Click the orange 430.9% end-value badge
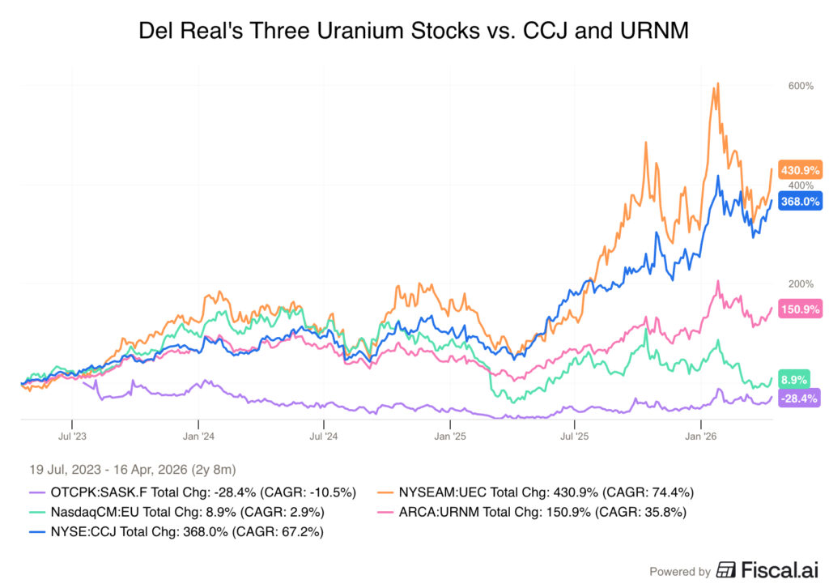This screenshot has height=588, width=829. (800, 170)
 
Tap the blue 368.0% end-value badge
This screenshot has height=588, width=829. (800, 202)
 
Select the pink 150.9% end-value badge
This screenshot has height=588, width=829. (800, 309)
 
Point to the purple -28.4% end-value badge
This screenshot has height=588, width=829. (800, 398)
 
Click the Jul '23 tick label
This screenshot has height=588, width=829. (72, 435)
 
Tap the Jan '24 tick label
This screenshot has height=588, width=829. (198, 435)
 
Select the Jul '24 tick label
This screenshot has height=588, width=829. (324, 435)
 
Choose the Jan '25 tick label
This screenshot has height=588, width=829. (449, 435)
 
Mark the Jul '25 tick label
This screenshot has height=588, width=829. (575, 435)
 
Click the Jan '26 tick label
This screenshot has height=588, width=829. (701, 435)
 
